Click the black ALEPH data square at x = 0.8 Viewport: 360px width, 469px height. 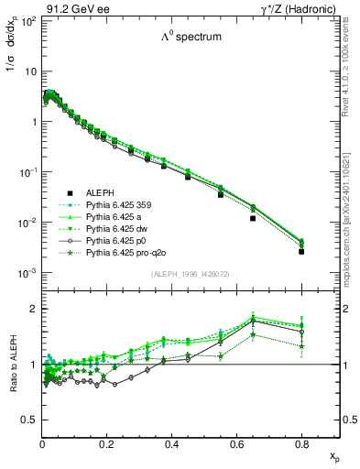click(x=301, y=251)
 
